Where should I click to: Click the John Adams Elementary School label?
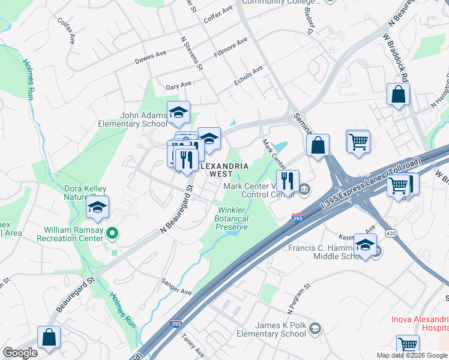(133, 120)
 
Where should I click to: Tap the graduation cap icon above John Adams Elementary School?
(178, 112)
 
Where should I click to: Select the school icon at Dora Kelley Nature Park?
(97, 207)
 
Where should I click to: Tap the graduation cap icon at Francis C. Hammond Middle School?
(365, 245)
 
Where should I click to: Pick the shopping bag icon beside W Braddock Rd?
(398, 94)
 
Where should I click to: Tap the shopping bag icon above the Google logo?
(49, 337)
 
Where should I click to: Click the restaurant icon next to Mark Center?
(288, 180)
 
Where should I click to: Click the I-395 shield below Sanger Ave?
(176, 323)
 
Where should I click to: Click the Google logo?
(20, 353)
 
